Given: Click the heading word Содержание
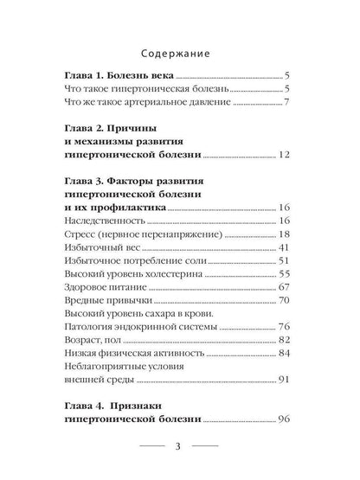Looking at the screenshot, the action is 180,48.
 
